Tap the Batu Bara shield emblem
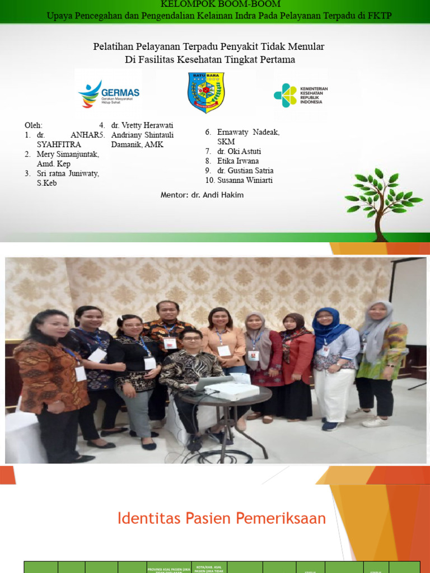pyautogui.click(x=205, y=92)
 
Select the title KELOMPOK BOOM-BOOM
pyautogui.click(x=220, y=4)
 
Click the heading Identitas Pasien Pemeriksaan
pyautogui.click(x=222, y=518)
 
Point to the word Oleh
pyautogui.click(x=33, y=125)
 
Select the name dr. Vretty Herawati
pyautogui.click(x=142, y=125)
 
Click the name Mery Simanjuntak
pyautogui.click(x=62, y=154)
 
